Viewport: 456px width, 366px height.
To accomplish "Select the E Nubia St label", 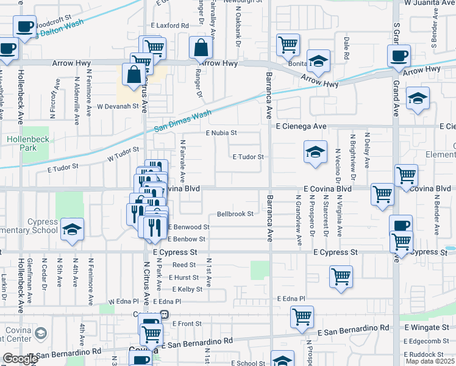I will pyautogui.click(x=221, y=132).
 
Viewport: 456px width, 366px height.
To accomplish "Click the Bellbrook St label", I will pyautogui.click(x=235, y=214).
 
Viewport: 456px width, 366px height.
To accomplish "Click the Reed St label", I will pyautogui.click(x=183, y=265).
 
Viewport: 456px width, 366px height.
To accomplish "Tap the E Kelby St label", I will pyautogui.click(x=186, y=289).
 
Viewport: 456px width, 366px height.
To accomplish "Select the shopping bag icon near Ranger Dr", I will pyautogui.click(x=201, y=47).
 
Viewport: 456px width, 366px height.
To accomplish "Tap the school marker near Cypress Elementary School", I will pyautogui.click(x=73, y=229).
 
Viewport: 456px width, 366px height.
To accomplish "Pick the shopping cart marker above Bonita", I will pyautogui.click(x=288, y=44).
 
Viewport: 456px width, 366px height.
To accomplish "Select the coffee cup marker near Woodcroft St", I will pyautogui.click(x=24, y=26).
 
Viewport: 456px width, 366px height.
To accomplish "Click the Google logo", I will pyautogui.click(x=20, y=359).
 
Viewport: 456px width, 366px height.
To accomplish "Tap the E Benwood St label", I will pyautogui.click(x=189, y=227).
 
